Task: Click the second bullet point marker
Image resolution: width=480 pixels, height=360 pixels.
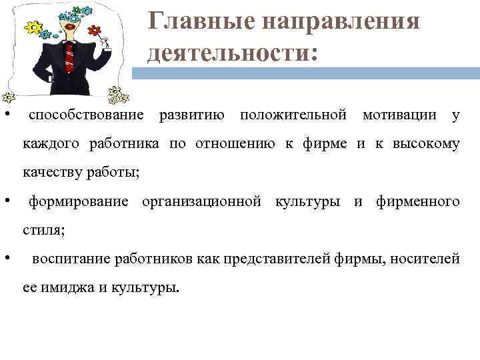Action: point(6,200)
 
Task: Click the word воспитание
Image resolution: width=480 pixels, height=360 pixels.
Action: point(71,259)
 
